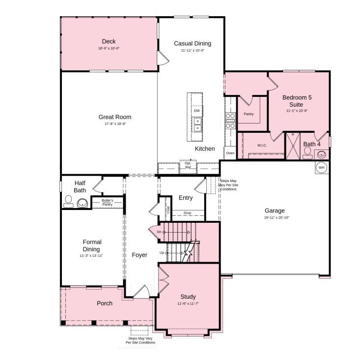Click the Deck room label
(109, 41)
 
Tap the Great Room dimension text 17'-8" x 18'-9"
(115, 124)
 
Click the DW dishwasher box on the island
(196, 111)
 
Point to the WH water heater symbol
(322, 168)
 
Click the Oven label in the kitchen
(230, 153)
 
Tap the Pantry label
(249, 114)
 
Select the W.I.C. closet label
(262, 145)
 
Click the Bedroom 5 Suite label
(297, 101)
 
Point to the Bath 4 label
(312, 144)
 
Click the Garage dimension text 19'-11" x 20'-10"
(275, 217)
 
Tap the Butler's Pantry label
(108, 202)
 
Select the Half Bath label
(80, 186)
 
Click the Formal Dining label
(92, 245)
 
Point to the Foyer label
(139, 255)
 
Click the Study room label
(188, 297)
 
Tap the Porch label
(104, 303)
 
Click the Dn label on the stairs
(159, 232)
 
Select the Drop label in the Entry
(187, 213)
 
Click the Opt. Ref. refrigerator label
(188, 165)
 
